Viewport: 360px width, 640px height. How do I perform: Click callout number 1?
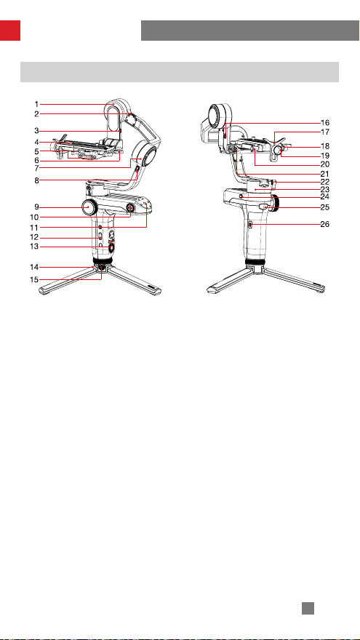(36, 104)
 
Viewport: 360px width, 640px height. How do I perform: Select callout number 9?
(36, 207)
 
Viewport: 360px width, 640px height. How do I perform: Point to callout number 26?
(325, 224)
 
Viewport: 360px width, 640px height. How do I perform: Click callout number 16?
(325, 122)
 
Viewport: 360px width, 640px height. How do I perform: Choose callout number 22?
(325, 181)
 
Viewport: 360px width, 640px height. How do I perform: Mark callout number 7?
(36, 168)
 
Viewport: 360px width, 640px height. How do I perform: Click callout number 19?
(325, 156)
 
